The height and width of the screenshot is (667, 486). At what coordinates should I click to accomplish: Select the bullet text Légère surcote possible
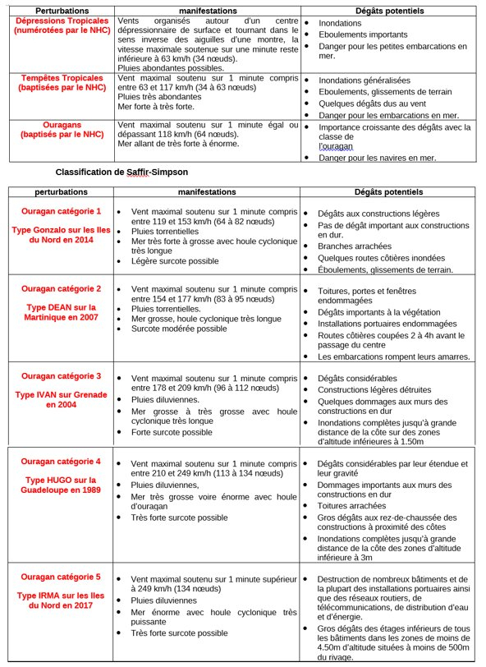click(176, 261)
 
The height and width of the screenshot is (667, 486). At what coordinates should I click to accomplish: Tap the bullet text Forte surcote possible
click(174, 431)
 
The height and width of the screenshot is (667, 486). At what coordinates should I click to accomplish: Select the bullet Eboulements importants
click(362, 35)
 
